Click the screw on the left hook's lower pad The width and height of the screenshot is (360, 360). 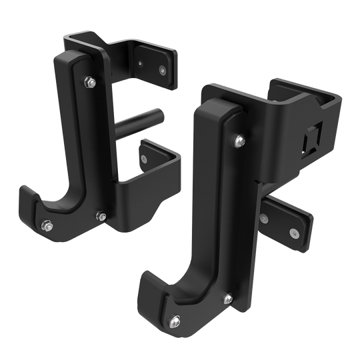(x=145, y=159)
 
